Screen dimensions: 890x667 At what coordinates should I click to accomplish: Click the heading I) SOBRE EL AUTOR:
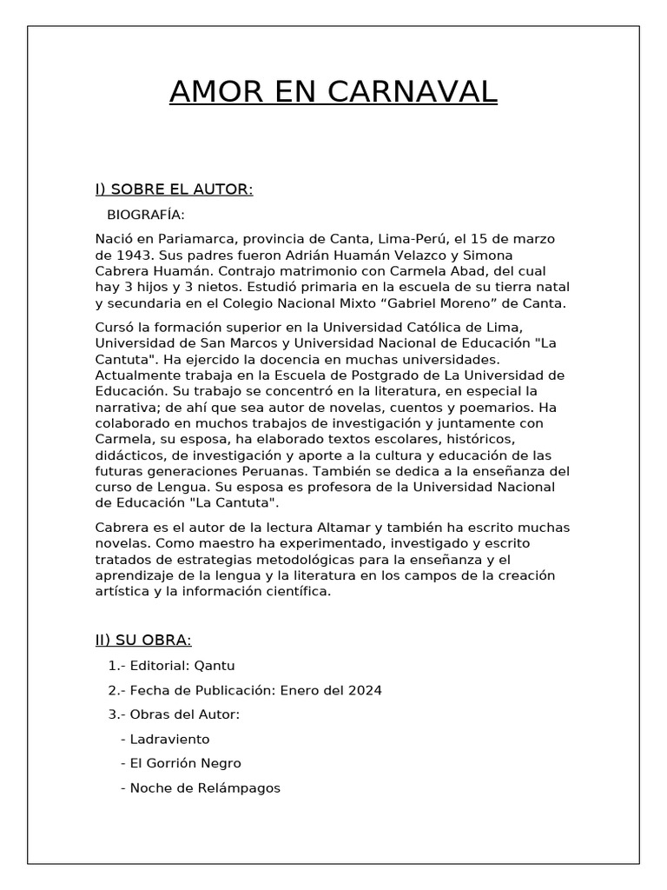[x=174, y=189]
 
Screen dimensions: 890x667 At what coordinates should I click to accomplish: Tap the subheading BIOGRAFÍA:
[x=145, y=215]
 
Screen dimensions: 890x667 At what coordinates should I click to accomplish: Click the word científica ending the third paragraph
[x=293, y=592]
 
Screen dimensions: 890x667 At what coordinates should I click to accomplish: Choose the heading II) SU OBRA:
[x=143, y=641]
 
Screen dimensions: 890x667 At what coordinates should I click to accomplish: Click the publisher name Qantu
[x=216, y=666]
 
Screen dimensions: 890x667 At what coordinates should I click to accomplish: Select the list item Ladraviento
[x=169, y=740]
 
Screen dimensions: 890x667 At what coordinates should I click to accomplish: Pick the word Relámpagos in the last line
[x=239, y=788]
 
